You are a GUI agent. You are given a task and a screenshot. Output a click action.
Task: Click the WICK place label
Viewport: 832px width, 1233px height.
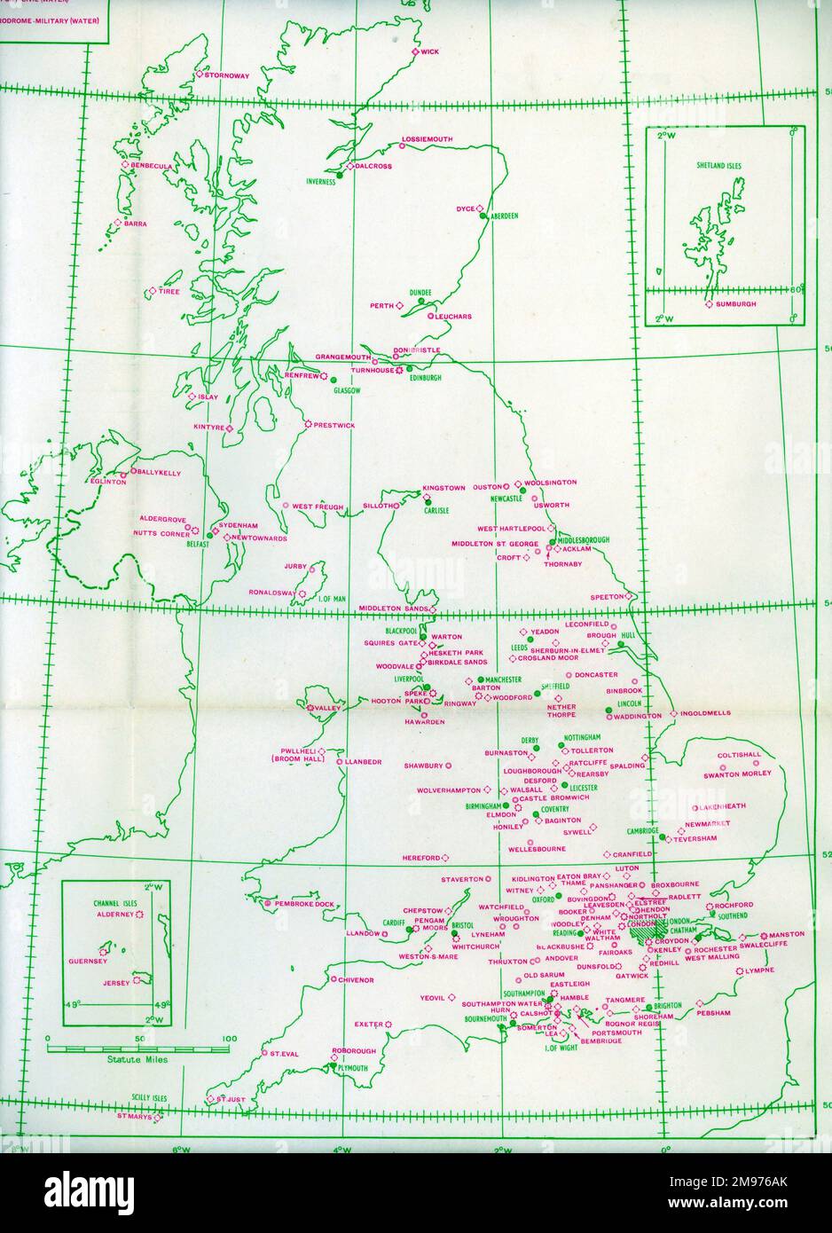tap(429, 52)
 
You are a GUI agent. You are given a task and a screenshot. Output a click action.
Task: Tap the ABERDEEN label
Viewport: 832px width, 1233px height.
tap(502, 216)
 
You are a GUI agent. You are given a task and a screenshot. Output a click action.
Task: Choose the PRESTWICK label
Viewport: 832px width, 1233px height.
tap(334, 426)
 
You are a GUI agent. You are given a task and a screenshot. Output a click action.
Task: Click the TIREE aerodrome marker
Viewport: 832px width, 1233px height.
tap(153, 291)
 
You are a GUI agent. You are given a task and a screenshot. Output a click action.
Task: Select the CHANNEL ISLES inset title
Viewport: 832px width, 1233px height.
tap(113, 902)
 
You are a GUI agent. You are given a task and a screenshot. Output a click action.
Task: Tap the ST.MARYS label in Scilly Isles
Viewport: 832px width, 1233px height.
tap(135, 1116)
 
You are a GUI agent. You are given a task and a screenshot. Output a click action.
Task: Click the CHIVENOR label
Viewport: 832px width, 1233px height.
tap(355, 980)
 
